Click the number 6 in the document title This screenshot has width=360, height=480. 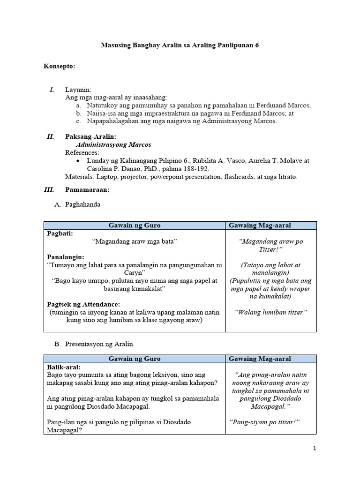tap(256, 45)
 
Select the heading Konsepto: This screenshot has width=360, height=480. tap(59, 67)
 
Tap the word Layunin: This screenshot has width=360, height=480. tap(78, 90)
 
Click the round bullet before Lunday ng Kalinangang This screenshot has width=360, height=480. tap(78, 161)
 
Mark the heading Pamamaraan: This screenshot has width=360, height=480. tap(87, 190)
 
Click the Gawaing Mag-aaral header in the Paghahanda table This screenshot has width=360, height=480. tap(260, 225)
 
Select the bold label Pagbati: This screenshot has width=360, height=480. tap(60, 233)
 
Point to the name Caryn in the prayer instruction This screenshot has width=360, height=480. tap(134, 273)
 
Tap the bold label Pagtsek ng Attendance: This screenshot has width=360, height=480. tap(83, 304)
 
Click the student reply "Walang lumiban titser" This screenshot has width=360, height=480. tap(270, 312)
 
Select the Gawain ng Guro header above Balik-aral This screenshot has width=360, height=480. tap(134, 359)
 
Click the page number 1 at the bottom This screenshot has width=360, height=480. tap(315, 449)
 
